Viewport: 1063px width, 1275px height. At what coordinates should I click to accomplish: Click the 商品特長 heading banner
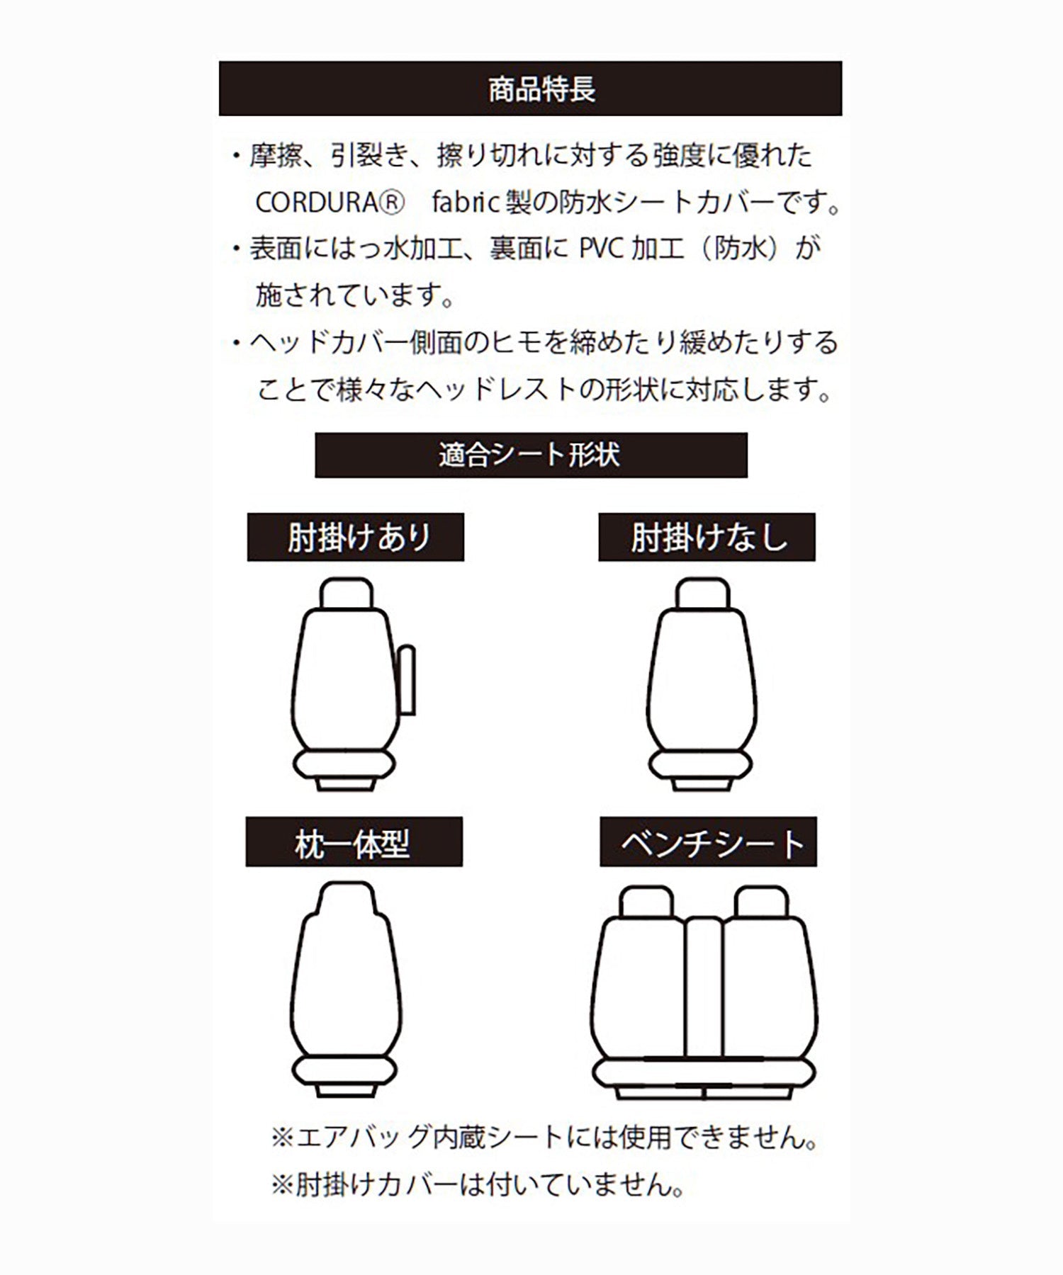coord(530,89)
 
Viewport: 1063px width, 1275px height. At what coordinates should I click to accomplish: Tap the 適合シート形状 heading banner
coord(530,455)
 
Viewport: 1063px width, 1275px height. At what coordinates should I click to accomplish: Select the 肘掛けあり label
coord(356,538)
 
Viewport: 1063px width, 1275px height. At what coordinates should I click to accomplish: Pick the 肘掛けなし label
coord(707,538)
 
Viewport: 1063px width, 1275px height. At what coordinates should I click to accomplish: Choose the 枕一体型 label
coord(354,842)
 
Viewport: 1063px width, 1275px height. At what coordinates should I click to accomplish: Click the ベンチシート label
coord(709,842)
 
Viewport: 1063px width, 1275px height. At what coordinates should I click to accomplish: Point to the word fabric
coord(466,203)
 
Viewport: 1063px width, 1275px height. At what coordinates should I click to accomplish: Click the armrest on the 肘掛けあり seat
coord(406,679)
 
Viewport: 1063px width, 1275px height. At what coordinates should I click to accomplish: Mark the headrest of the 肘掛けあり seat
coord(347,594)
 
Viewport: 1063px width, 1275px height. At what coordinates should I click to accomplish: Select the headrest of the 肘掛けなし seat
coord(702,594)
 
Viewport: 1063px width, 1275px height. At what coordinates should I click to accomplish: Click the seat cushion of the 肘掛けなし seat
coord(700,765)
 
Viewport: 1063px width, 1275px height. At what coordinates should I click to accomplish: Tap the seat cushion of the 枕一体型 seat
coord(344,1072)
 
